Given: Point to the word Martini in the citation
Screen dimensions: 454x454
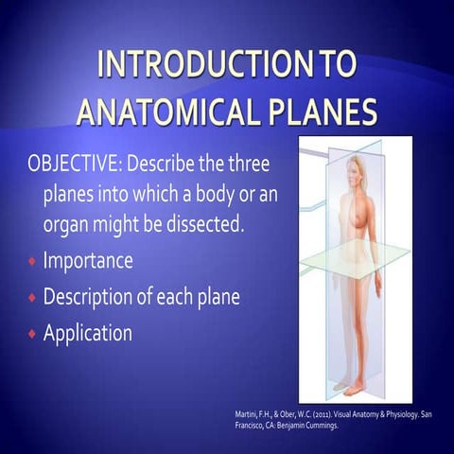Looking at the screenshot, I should (x=245, y=414).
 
